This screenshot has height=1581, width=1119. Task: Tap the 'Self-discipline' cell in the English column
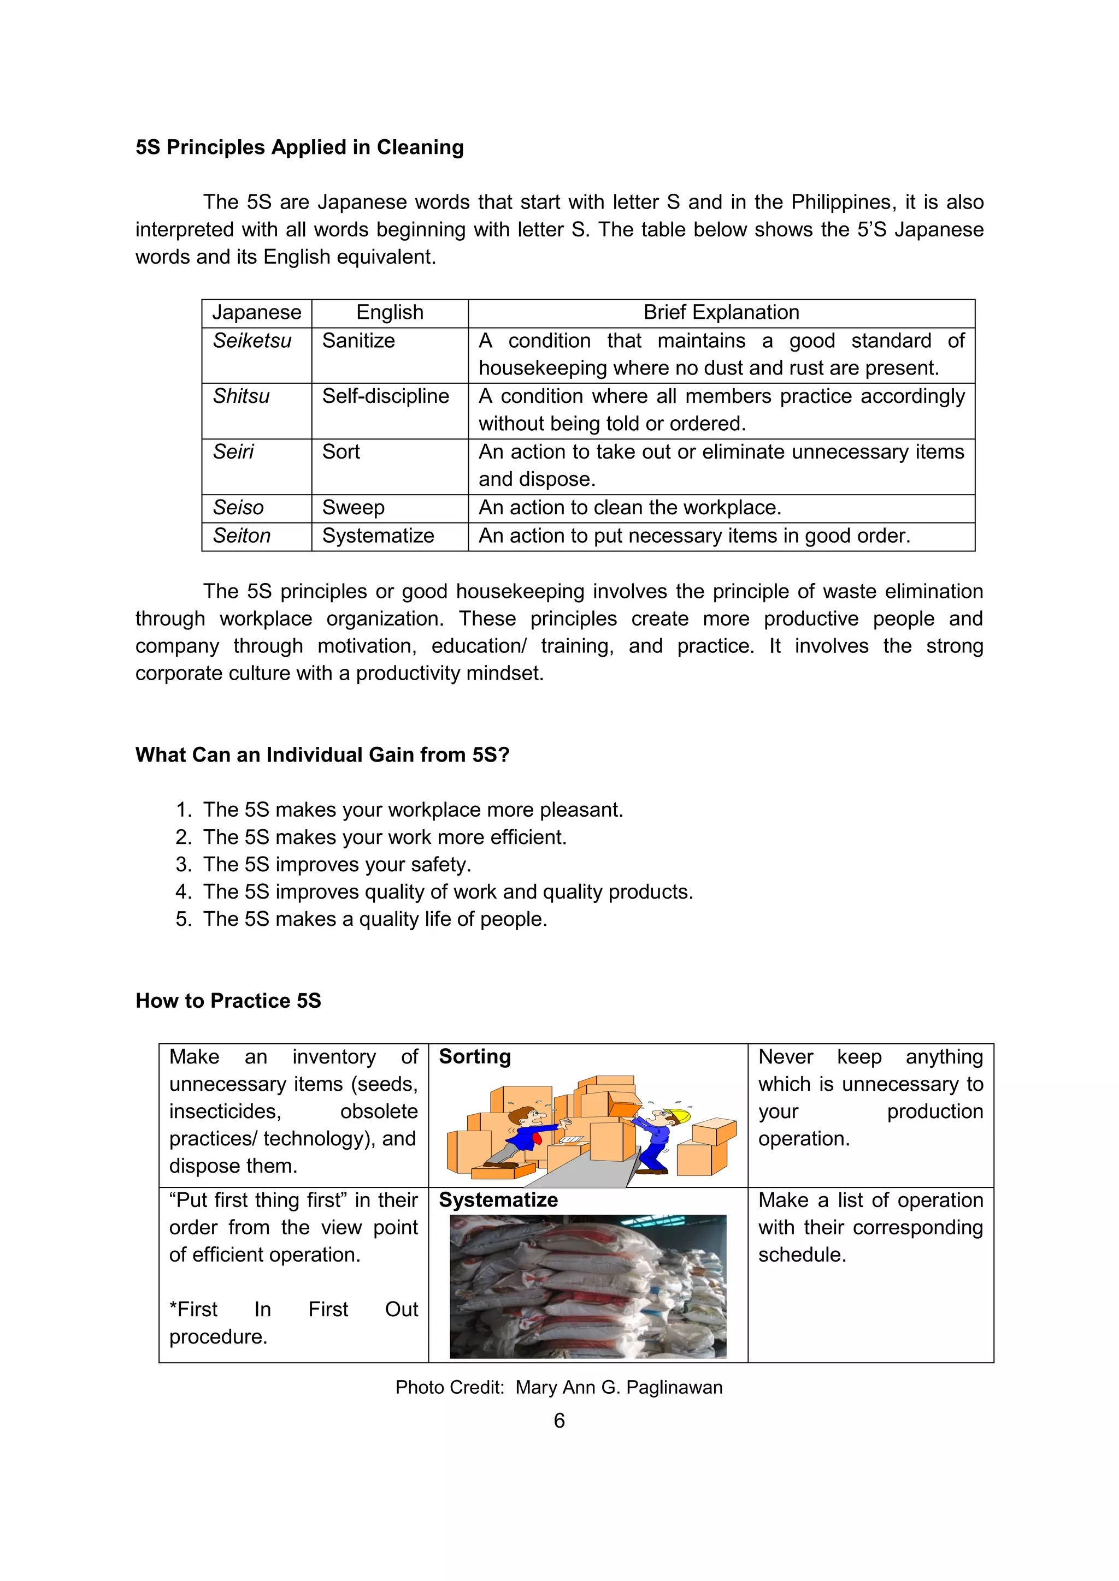pos(385,397)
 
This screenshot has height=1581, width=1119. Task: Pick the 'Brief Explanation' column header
pos(721,313)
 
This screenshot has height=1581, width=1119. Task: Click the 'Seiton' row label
pos(241,536)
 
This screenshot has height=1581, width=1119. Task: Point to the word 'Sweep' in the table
pos(353,508)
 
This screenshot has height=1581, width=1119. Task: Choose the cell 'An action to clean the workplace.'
pos(630,508)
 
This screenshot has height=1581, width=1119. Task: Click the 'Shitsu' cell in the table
pos(240,397)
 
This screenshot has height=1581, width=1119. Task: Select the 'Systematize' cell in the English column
pos(378,536)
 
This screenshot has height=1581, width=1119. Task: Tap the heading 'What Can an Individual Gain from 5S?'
pos(322,754)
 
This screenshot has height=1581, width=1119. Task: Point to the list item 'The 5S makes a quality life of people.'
pos(374,919)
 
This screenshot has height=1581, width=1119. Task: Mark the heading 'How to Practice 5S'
pos(228,1001)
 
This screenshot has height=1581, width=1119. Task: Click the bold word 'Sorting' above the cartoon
pos(475,1057)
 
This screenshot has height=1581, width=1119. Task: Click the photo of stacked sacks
pos(588,1286)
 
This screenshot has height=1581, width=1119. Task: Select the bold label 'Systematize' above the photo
pos(498,1200)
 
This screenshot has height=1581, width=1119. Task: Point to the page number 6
pos(559,1420)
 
